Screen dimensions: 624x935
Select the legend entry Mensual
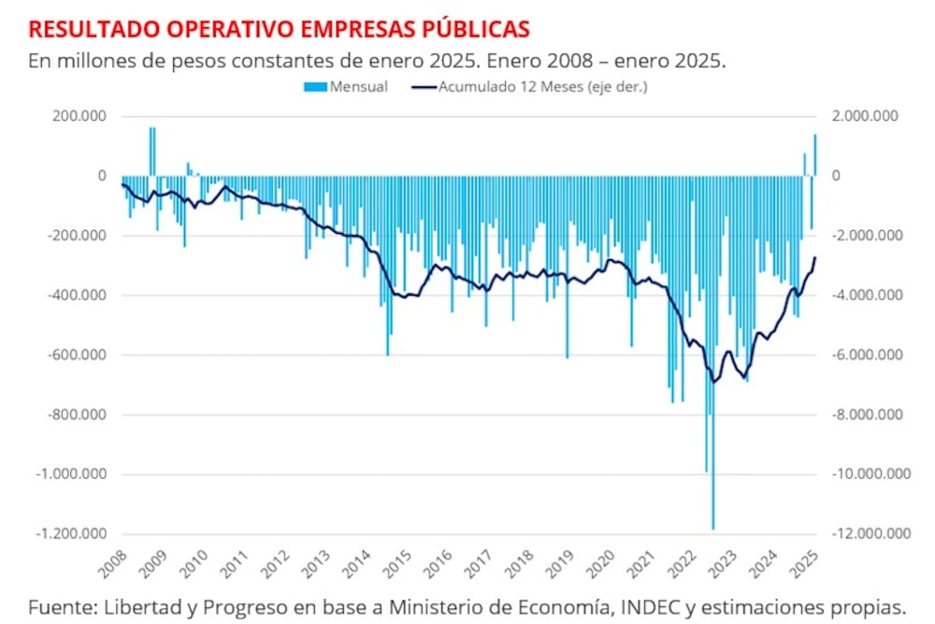pyautogui.click(x=359, y=87)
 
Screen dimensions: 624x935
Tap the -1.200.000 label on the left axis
pyautogui.click(x=72, y=534)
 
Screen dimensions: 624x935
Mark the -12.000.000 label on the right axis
pyautogui.click(x=870, y=534)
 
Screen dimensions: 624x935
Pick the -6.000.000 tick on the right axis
pyautogui.click(x=867, y=356)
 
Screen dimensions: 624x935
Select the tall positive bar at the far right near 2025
pyautogui.click(x=814, y=154)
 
